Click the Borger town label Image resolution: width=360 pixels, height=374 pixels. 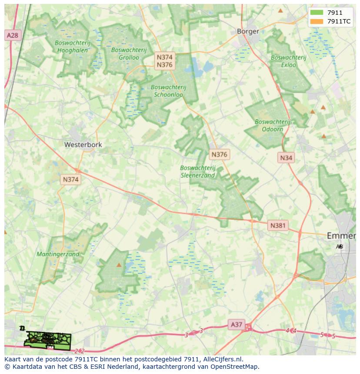point(248,31)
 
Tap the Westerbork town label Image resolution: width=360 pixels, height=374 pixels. point(83,145)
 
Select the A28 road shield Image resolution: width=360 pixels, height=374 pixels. point(13,35)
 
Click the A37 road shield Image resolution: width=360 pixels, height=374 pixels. point(237,324)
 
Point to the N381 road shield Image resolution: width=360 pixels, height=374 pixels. point(278,225)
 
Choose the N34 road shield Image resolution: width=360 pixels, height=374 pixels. point(286,158)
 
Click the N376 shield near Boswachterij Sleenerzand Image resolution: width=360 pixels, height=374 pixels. point(219,154)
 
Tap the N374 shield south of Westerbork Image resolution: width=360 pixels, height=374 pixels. point(70,179)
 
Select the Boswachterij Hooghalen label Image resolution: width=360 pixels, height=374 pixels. point(72,46)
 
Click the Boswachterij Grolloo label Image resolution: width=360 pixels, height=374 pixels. point(125,53)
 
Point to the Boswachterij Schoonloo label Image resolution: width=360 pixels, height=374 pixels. point(168,90)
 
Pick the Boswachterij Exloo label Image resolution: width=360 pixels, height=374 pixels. point(288,61)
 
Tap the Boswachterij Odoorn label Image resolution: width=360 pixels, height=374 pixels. point(273,126)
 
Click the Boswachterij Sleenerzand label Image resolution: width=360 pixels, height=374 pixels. point(198,172)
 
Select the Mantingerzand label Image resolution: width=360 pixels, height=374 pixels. point(58,254)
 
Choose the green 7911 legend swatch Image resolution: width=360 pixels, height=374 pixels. point(317,13)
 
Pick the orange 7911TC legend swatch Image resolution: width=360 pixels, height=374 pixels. point(317,21)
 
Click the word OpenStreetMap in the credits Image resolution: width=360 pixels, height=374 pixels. point(234,367)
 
